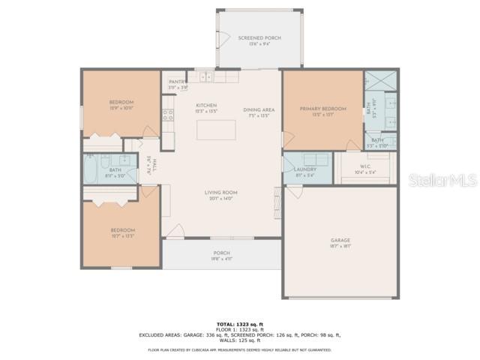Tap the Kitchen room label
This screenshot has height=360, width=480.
[x=206, y=106]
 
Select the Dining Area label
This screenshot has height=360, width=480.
[x=259, y=110]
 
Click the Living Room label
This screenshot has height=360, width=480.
[x=221, y=193]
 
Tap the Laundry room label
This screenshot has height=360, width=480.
[x=305, y=169]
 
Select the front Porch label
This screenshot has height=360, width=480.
[x=221, y=253]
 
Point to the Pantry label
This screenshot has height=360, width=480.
[x=177, y=82]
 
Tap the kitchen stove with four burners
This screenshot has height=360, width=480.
[x=168, y=115]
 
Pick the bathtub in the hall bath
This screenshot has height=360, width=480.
[x=91, y=169]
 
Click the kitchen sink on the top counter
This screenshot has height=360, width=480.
[x=206, y=77]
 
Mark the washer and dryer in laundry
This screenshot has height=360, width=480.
[x=314, y=159]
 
